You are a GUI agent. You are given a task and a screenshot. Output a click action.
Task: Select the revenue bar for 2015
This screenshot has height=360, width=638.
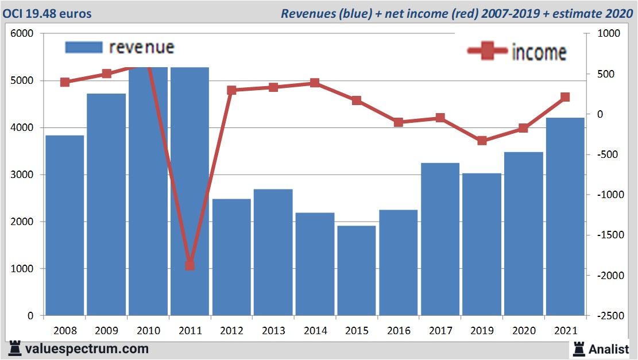(356, 270)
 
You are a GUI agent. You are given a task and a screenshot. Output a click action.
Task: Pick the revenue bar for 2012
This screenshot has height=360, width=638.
(231, 257)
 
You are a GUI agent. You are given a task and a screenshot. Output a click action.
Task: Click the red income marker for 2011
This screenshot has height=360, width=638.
(190, 265)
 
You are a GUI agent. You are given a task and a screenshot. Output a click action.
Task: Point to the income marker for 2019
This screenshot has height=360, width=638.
(482, 141)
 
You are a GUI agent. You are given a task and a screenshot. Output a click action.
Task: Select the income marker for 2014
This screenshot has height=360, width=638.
(315, 83)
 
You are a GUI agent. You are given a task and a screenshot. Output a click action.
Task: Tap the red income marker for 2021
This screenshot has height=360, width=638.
(565, 97)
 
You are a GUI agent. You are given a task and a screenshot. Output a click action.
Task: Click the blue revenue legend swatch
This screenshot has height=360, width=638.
(83, 48)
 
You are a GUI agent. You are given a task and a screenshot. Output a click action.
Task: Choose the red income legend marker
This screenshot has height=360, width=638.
(488, 51)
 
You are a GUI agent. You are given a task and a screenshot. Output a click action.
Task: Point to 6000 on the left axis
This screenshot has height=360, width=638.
(22, 34)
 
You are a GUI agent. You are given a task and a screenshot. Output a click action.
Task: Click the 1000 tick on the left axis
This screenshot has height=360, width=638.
(22, 269)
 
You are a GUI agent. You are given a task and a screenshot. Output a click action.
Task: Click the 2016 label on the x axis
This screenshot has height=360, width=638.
(399, 331)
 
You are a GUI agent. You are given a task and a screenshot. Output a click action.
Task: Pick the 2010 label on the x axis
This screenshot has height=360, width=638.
(148, 331)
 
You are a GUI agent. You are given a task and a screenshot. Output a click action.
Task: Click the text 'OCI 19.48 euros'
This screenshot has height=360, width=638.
(47, 13)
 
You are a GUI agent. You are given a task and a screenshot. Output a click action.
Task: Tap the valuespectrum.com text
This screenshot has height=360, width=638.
(87, 349)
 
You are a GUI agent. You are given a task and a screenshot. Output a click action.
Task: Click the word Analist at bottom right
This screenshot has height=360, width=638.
(609, 349)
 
